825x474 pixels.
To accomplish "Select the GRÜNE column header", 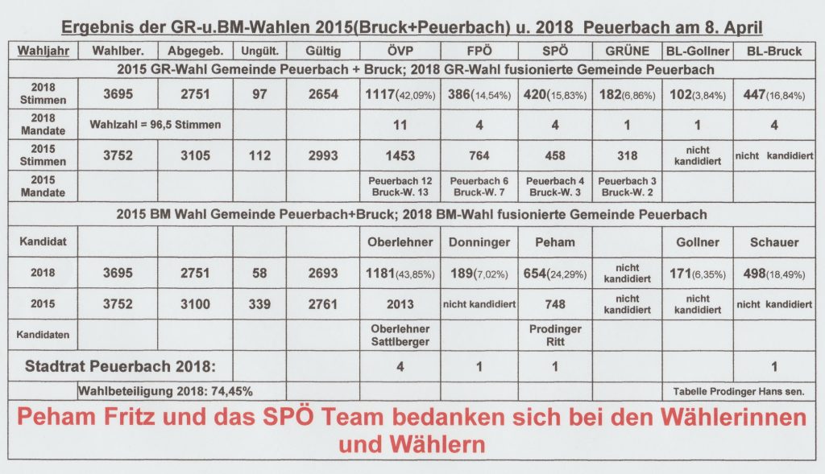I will pos(622,52).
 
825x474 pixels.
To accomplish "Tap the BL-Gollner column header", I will pos(698,52).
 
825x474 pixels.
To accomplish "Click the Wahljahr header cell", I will pos(44,52).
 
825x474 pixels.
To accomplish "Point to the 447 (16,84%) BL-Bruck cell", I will pos(772,93).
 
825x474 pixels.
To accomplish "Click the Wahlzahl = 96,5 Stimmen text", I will pos(153,124).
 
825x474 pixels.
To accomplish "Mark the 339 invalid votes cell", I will pos(259,304).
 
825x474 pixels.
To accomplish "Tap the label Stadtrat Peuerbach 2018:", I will pos(121,367).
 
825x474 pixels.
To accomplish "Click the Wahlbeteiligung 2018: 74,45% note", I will pos(165,391).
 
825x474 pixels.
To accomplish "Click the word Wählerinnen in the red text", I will pos(730,418).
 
